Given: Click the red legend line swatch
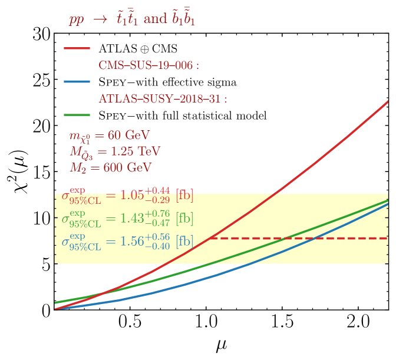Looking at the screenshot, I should [x=77, y=48].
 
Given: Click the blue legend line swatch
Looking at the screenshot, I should [x=77, y=81].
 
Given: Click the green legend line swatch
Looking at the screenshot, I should [x=77, y=115].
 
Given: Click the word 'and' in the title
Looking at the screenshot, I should [x=155, y=19].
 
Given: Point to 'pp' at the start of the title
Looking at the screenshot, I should [x=77, y=19].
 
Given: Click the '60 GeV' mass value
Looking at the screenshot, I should [x=128, y=136].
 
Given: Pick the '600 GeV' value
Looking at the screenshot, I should [x=127, y=167].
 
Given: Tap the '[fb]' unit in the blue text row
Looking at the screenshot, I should [x=184, y=242].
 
